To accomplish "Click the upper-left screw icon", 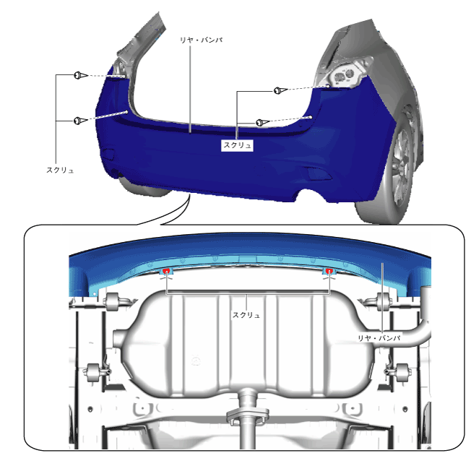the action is (80, 75).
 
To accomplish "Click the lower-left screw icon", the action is (80, 121).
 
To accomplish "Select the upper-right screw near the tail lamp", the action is (280, 90).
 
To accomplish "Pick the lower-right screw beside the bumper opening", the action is (263, 122).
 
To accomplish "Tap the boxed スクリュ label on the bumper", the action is (237, 145).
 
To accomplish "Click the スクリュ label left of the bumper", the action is (60, 170).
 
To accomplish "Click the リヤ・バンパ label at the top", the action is (202, 40).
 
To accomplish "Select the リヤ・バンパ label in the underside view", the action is (379, 338).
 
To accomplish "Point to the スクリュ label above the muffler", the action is (246, 315).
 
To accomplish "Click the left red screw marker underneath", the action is (166, 271).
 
